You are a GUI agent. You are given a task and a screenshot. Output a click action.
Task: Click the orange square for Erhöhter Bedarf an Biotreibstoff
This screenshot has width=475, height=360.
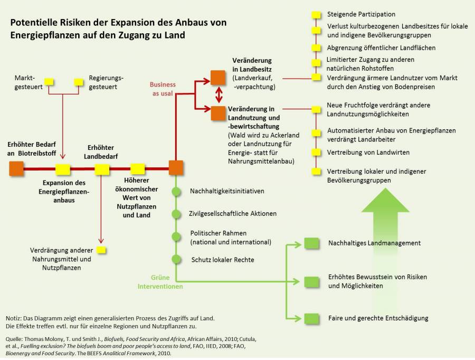[x=17, y=168]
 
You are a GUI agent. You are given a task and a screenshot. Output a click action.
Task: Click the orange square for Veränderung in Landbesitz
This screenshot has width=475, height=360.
[x=217, y=77]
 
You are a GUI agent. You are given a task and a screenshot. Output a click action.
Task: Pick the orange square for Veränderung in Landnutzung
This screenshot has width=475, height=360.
[x=217, y=113]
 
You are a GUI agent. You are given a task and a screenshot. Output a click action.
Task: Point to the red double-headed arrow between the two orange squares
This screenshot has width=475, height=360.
[x=217, y=95]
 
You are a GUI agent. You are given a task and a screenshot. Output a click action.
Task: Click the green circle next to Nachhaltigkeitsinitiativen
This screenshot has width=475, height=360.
[x=176, y=191]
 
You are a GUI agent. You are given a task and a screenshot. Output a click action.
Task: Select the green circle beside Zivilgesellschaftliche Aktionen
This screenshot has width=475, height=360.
[x=176, y=214]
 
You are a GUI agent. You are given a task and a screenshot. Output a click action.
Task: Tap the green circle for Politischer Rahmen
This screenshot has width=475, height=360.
[x=176, y=236]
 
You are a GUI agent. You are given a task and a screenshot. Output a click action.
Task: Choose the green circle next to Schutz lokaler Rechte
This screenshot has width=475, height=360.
[x=176, y=259]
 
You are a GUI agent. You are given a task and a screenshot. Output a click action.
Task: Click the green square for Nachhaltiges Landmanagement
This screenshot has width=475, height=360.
[x=312, y=243]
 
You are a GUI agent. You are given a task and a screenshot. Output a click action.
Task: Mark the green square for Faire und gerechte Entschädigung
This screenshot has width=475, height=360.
[x=312, y=318]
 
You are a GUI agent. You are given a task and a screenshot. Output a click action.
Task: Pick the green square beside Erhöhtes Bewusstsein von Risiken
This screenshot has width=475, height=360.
[x=312, y=281]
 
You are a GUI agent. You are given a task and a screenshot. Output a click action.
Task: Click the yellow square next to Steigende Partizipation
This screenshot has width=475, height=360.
[x=317, y=14]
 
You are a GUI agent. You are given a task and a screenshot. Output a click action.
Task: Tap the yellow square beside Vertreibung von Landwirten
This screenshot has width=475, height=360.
[x=317, y=153]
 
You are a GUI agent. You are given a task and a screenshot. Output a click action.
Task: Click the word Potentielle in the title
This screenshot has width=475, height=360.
[x=34, y=23]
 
